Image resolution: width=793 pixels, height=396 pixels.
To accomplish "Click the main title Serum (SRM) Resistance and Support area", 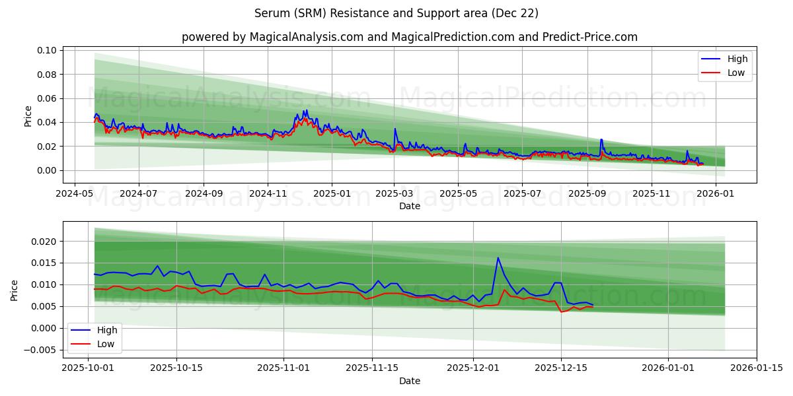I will tap(397, 13).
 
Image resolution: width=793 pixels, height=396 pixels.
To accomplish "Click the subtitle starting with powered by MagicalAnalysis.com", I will tap(410, 37).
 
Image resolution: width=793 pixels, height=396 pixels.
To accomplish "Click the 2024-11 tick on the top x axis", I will tap(268, 194).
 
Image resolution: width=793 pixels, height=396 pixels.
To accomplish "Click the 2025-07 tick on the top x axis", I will tap(522, 194).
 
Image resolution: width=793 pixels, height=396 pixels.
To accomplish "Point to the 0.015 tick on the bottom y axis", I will tap(44, 263).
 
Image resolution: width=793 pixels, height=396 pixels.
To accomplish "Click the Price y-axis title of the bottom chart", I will tap(15, 290).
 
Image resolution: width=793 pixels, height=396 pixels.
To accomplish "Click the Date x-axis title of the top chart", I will tap(410, 206).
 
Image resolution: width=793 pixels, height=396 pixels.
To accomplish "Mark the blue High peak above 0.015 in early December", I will tap(498, 258).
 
